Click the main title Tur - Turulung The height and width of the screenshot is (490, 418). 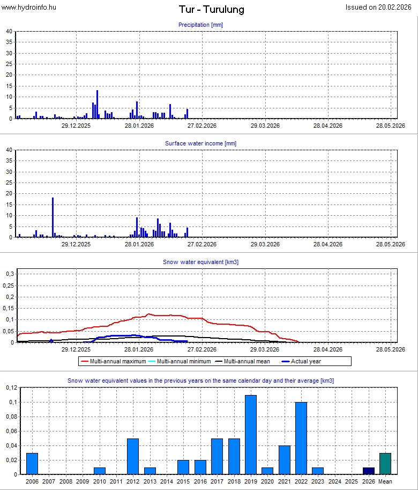tap(211, 10)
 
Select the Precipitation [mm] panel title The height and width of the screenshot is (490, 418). tap(200, 25)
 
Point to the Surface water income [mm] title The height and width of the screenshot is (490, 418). tap(200, 143)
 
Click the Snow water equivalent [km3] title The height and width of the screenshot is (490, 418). tap(200, 262)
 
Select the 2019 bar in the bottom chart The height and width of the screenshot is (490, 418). tap(251, 435)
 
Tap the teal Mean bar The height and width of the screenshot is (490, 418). tap(385, 464)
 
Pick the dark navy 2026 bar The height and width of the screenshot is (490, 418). tap(369, 471)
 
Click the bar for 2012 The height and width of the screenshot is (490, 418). tap(133, 456)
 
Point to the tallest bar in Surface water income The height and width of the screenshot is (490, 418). tap(53, 217)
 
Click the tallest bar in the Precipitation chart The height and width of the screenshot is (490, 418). tap(97, 105)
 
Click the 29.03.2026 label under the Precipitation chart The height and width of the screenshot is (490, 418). tap(265, 126)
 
